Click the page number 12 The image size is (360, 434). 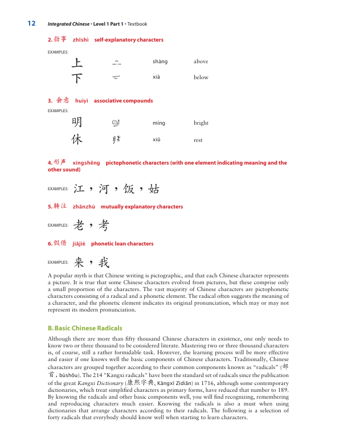click(x=31, y=23)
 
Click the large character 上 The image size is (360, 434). click(x=77, y=62)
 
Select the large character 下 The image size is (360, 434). click(x=77, y=77)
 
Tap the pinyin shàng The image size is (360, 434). click(x=160, y=62)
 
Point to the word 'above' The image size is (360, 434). click(x=201, y=62)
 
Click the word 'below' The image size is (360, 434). click(x=201, y=77)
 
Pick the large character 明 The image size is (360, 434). click(x=77, y=122)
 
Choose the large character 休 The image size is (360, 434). click(x=77, y=140)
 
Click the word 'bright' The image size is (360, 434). click(x=201, y=123)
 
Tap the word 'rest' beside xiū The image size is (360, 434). click(x=198, y=140)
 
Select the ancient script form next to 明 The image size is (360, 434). click(x=116, y=122)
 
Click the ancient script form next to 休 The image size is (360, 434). click(x=116, y=140)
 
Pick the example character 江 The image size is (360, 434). click(x=79, y=189)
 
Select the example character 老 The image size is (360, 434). click(x=79, y=226)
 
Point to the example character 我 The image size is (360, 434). click(x=104, y=262)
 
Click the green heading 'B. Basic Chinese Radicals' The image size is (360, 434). click(x=85, y=328)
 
